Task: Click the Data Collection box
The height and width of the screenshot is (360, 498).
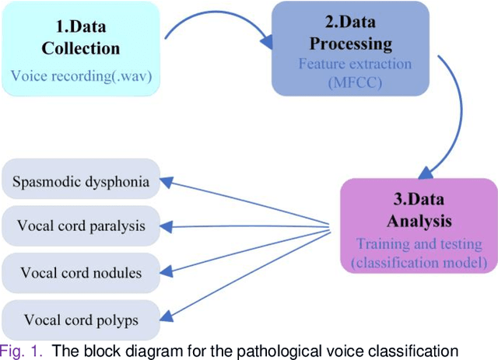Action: click(81, 47)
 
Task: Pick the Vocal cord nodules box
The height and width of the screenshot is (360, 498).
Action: click(81, 272)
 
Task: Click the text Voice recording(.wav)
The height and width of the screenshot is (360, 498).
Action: click(81, 76)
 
